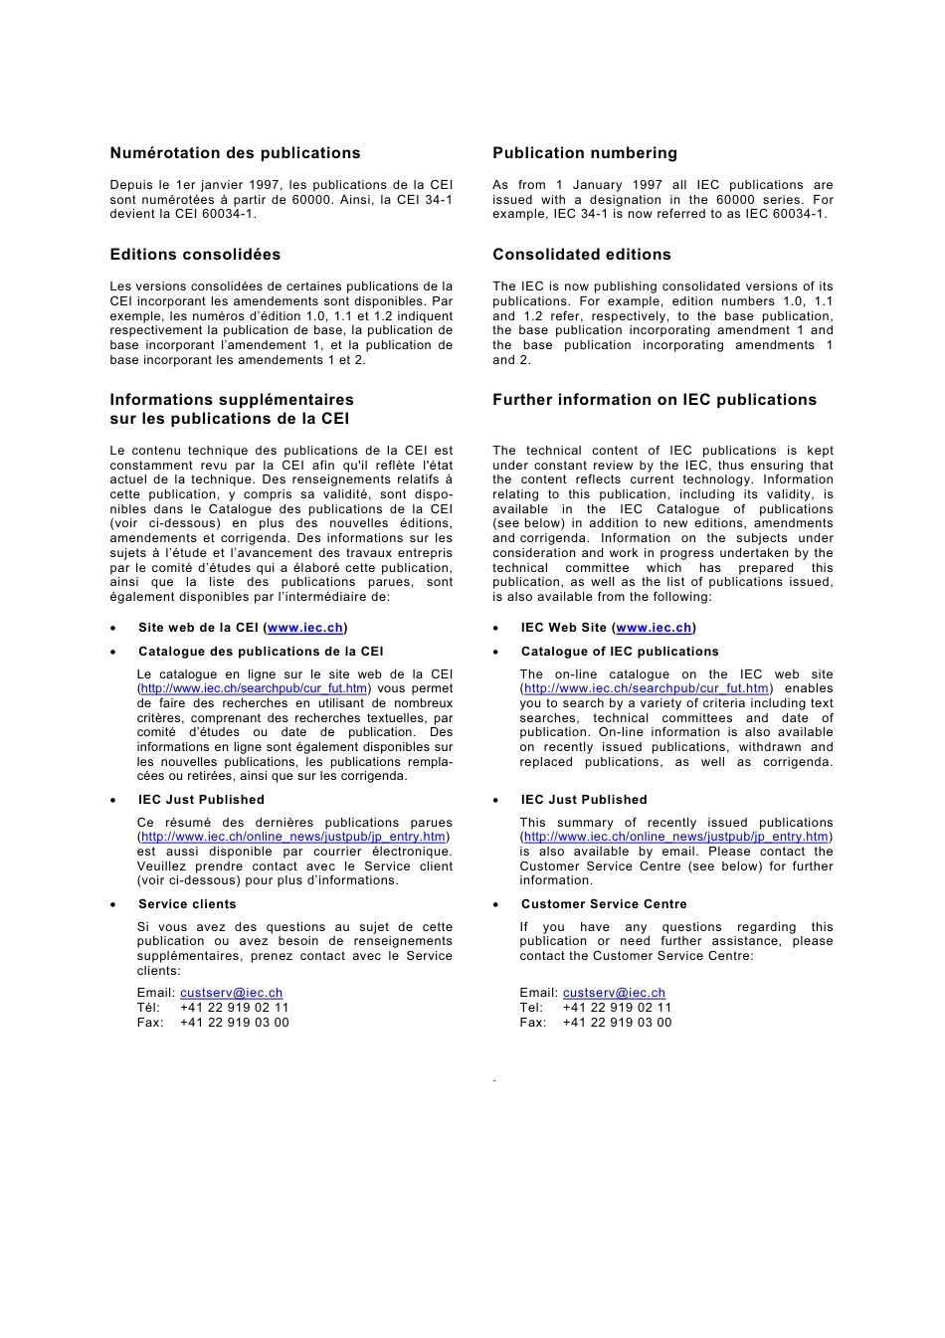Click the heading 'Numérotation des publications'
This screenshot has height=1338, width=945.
tap(235, 153)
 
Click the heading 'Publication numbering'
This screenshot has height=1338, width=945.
tap(585, 153)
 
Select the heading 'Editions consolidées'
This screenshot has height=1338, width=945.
tap(195, 255)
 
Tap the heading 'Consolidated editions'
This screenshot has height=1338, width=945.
tap(582, 255)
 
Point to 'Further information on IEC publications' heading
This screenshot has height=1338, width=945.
tap(655, 400)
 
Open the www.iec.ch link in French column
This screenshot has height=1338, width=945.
tap(305, 628)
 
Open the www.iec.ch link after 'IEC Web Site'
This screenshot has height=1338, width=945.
tap(654, 628)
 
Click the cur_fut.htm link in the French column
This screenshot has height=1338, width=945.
tap(254, 688)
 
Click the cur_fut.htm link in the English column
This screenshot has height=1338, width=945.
tap(647, 688)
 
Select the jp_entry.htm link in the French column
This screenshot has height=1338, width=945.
tap(293, 837)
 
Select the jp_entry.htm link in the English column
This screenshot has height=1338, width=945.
tap(676, 837)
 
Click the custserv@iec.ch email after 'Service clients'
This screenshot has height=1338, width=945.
tap(231, 993)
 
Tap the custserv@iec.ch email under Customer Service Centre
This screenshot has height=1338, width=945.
tap(614, 993)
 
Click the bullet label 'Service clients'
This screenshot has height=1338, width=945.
tap(187, 904)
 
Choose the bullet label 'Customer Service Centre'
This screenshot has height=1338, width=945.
tap(604, 904)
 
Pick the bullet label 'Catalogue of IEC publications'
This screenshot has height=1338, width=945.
tap(620, 652)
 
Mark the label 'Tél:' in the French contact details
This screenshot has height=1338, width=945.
tap(148, 1008)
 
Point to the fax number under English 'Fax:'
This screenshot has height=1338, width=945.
tap(617, 1023)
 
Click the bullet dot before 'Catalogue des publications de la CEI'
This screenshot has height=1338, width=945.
tap(114, 653)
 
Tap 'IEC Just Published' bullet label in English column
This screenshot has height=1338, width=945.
tap(584, 800)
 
